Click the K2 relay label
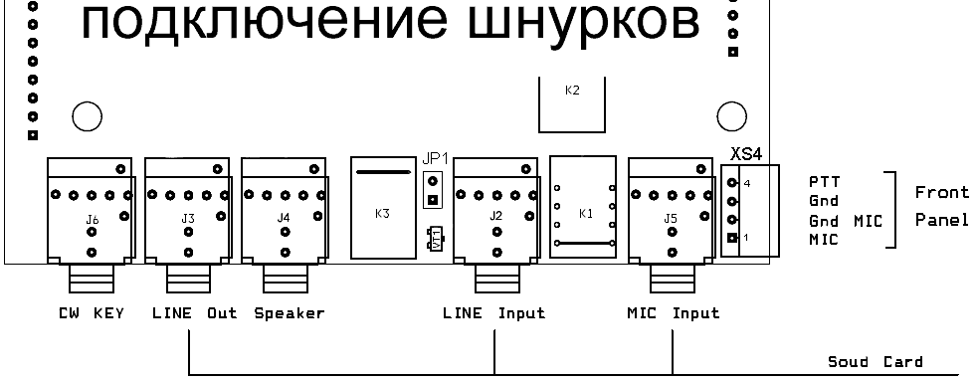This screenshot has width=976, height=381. click(x=572, y=91)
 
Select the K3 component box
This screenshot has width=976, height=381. click(x=383, y=207)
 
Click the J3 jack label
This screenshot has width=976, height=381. click(x=188, y=219)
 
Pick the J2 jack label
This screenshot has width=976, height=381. click(x=495, y=217)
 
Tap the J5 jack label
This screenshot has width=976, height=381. click(x=671, y=219)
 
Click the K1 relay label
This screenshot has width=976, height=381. click(x=586, y=214)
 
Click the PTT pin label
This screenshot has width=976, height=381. click(x=824, y=182)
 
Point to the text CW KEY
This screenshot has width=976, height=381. click(x=91, y=313)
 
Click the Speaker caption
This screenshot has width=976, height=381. click(x=290, y=313)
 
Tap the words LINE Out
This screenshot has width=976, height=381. click(x=195, y=313)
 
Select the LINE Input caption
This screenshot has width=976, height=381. click(x=494, y=313)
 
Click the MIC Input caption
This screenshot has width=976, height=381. click(x=673, y=313)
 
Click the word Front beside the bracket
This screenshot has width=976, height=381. click(x=942, y=193)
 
